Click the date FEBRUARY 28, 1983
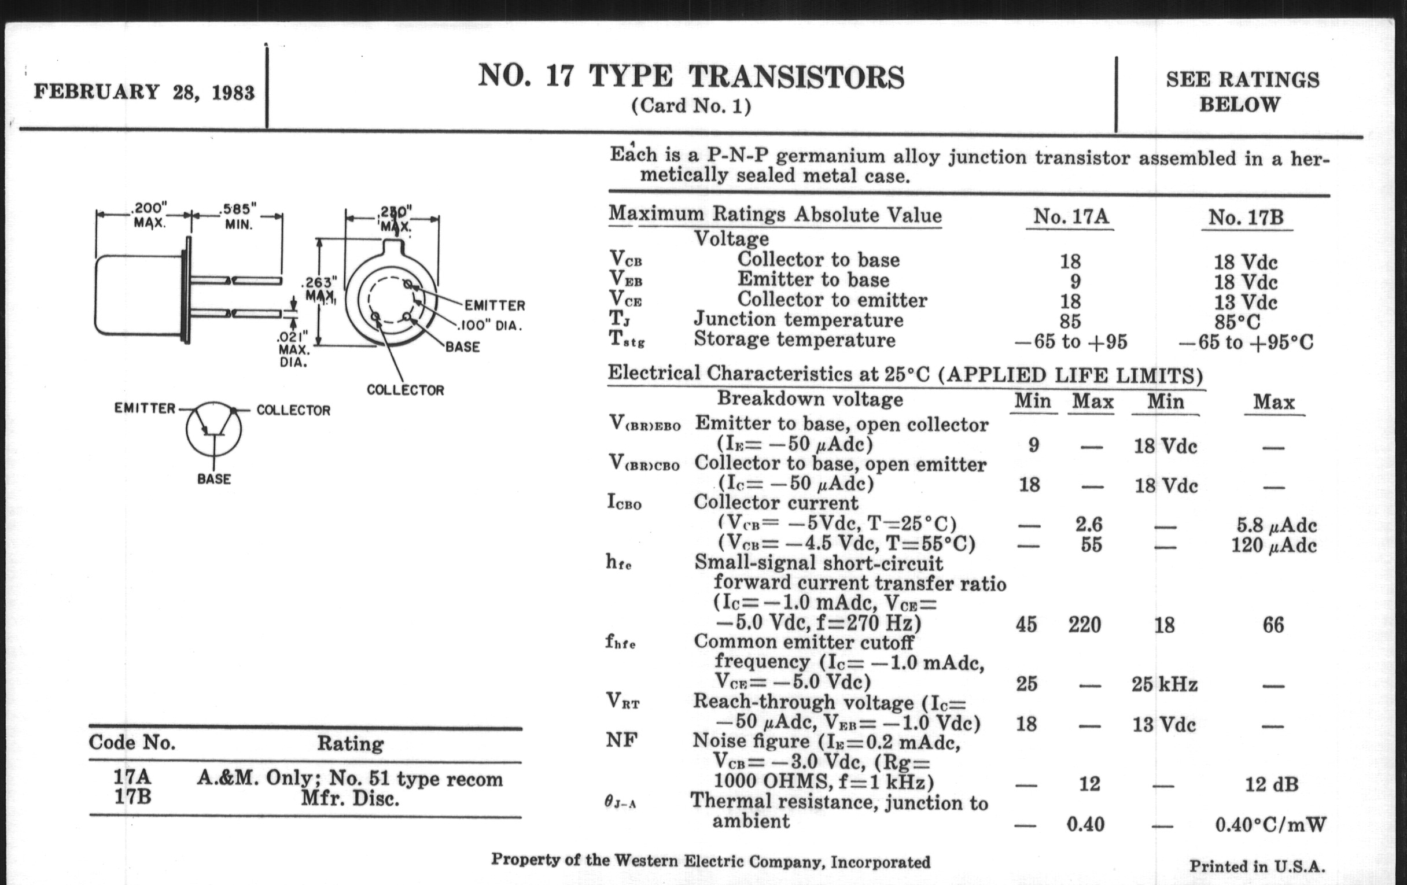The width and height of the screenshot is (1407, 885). [x=143, y=93]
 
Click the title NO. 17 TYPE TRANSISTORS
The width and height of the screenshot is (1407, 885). [x=691, y=77]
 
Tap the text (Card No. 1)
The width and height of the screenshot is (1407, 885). [x=691, y=106]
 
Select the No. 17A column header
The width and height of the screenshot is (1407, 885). [x=1070, y=217]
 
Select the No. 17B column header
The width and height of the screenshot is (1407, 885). [x=1246, y=218]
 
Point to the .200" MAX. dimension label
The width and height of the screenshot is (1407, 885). [x=149, y=215]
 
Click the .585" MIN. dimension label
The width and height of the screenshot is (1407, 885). [x=238, y=216]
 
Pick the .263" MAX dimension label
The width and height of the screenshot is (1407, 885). [x=319, y=290]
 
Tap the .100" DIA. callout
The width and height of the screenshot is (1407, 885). [x=489, y=326]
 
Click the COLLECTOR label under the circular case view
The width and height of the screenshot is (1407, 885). [x=405, y=390]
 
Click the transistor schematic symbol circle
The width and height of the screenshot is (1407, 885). [x=214, y=429]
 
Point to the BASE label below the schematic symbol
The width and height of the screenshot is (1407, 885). [x=214, y=479]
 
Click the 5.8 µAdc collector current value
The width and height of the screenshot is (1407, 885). [x=1273, y=525]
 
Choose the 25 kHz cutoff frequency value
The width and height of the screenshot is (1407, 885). [x=1164, y=684]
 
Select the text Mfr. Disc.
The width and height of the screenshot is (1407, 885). [x=350, y=798]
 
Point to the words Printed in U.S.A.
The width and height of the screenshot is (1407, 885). [x=1257, y=866]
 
